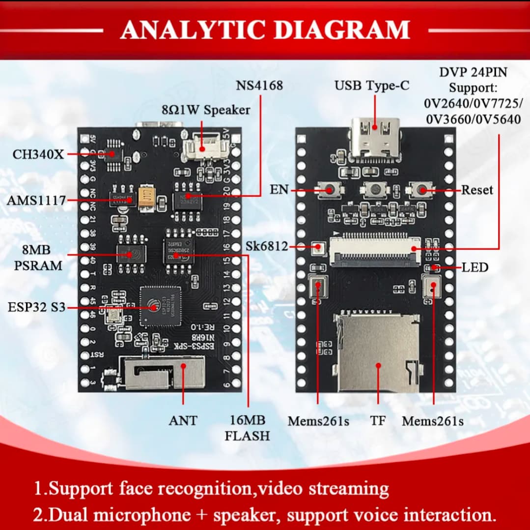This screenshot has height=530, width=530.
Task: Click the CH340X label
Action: pyautogui.click(x=38, y=154)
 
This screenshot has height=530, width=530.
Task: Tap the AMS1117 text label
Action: pyautogui.click(x=36, y=200)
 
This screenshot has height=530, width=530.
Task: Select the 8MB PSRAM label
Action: pyautogui.click(x=38, y=257)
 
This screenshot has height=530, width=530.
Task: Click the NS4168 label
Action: pyautogui.click(x=259, y=86)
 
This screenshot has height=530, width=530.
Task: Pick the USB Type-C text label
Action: pyautogui.click(x=372, y=86)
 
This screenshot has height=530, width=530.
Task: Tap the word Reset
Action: pyautogui.click(x=477, y=190)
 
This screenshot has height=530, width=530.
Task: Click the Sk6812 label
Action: pyautogui.click(x=267, y=246)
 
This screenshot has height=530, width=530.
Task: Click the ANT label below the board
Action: pyautogui.click(x=183, y=420)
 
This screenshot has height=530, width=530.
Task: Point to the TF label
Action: pyautogui.click(x=378, y=421)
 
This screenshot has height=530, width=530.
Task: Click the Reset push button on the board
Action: pyautogui.click(x=421, y=190)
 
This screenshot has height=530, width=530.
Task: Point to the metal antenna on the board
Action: pyautogui.click(x=164, y=373)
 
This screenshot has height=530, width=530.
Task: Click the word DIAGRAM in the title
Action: pyautogui.click(x=341, y=30)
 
